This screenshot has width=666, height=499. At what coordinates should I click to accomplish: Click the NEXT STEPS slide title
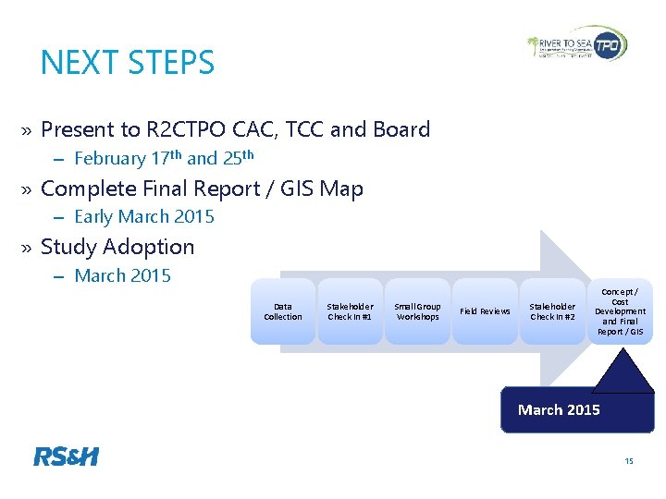pos(128,63)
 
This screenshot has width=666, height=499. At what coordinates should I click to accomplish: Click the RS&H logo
pos(66,456)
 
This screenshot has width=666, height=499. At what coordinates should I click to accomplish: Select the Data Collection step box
pos(283,311)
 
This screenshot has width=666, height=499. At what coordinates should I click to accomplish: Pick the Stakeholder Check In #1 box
pos(350,311)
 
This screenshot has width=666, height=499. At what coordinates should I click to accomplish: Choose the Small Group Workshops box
pos(417,311)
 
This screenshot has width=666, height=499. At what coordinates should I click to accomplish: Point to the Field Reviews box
pos(485,311)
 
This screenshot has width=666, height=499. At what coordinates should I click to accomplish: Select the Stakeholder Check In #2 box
pos(552,311)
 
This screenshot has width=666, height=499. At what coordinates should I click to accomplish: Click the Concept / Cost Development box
pos(620,311)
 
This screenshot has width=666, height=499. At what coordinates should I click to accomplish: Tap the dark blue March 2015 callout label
pos(559,410)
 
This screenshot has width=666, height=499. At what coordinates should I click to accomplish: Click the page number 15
pos(629,461)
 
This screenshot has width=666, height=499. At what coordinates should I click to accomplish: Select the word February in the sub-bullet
pos(110,159)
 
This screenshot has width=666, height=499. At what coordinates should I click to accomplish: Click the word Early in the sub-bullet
pos(93,217)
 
